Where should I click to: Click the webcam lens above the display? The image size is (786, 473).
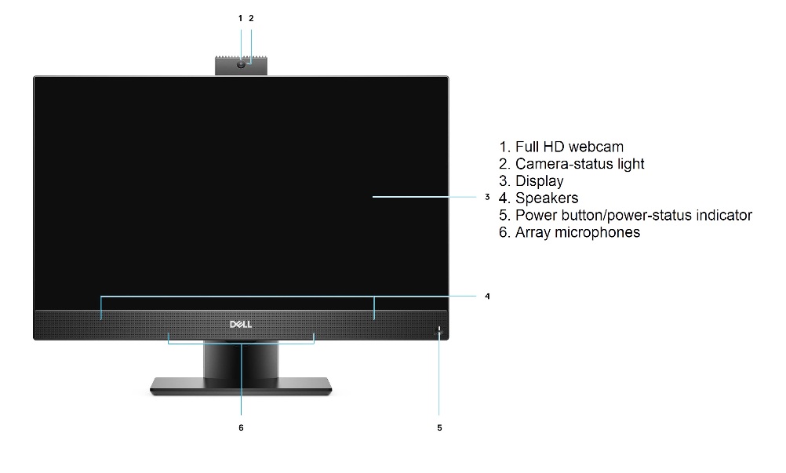[241, 64]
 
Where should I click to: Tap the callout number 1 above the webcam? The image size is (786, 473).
[240, 19]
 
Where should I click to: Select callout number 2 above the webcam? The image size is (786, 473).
[251, 19]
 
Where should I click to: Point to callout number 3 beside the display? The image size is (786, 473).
[487, 197]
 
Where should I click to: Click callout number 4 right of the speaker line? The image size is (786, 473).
[487, 297]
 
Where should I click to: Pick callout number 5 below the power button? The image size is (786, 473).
[439, 428]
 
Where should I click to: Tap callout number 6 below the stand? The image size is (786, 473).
[241, 428]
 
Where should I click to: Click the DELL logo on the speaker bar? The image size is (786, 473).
[241, 325]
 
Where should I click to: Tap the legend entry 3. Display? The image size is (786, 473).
[531, 181]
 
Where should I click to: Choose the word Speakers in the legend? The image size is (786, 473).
[547, 198]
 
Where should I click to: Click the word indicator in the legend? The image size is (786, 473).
[722, 215]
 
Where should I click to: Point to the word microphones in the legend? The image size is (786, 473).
[598, 232]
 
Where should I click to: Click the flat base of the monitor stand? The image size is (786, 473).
[241, 386]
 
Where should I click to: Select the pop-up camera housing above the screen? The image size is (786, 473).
[241, 66]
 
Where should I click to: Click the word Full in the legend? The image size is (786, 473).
[526, 147]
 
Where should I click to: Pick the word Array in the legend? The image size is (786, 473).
[534, 233]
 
